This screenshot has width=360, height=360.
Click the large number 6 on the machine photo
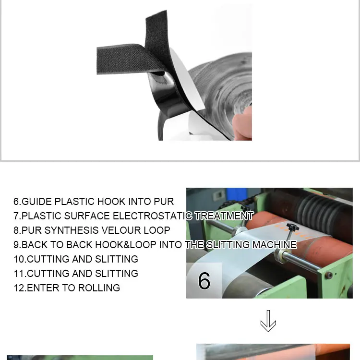point(204,281)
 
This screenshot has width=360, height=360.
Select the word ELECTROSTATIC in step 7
point(154,216)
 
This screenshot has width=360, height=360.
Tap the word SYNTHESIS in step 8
point(71,230)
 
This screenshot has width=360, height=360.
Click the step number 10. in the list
point(20,259)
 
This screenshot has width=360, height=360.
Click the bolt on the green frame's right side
point(329,276)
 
